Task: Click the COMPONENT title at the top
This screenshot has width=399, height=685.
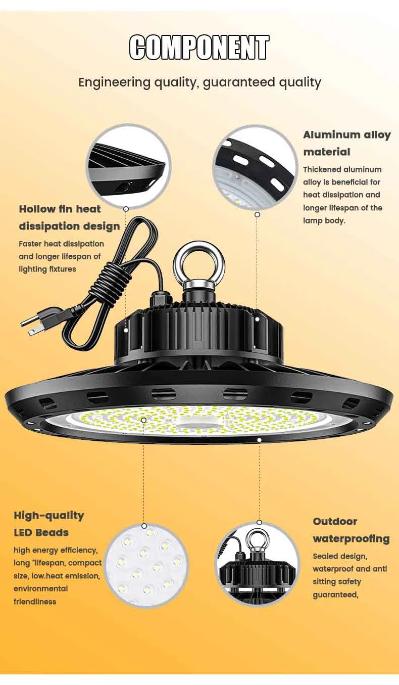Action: click(199, 48)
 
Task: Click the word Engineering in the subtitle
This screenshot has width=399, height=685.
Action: click(114, 82)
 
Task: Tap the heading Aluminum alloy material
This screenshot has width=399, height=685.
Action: click(346, 143)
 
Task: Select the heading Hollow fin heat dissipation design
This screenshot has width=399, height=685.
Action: click(69, 217)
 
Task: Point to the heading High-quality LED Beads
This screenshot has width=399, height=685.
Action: click(48, 524)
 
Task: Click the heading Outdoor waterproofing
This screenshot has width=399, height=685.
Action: click(351, 530)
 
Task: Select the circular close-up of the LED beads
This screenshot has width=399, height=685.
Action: click(145, 566)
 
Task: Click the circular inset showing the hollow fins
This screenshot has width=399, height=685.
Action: click(128, 167)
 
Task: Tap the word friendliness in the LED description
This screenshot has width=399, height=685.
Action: click(35, 602)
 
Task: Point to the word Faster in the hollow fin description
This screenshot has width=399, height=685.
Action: click(30, 244)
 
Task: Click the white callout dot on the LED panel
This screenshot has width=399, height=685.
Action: click(143, 420)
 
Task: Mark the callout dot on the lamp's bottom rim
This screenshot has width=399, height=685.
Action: click(259, 440)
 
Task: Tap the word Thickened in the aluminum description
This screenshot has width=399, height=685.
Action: click(321, 169)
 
